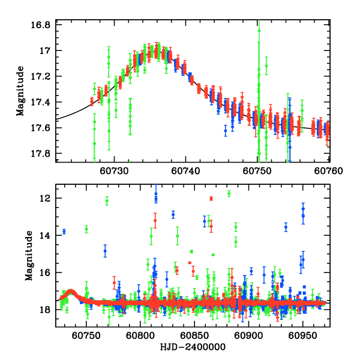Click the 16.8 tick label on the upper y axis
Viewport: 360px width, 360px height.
coord(41,25)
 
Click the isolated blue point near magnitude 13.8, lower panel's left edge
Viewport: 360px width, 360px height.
coord(64,231)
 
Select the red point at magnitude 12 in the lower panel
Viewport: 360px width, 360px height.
coord(211,199)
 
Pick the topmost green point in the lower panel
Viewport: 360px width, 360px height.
coord(229,193)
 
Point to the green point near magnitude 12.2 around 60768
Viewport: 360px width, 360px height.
coord(107,201)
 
